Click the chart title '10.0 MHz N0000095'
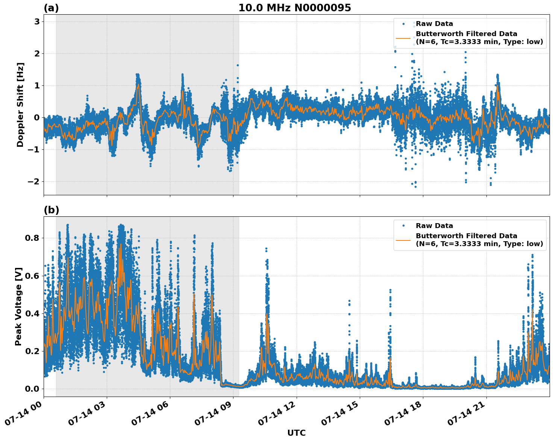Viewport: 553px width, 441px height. [294, 8]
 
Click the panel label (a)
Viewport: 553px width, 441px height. [51, 8]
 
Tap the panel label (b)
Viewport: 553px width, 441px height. [51, 210]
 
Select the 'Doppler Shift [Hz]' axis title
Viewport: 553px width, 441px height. [20, 105]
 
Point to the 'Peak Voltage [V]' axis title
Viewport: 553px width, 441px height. [18, 306]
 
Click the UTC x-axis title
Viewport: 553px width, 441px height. [296, 433]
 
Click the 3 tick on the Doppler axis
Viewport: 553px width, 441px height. [37, 22]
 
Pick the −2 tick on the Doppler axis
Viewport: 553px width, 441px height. [33, 182]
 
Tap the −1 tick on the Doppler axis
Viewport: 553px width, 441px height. [33, 150]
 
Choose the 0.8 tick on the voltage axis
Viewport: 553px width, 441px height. [32, 238]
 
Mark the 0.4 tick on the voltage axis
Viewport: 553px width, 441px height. [32, 313]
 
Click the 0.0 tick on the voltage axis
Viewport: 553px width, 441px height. [32, 389]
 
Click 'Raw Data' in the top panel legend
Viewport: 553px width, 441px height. [434, 24]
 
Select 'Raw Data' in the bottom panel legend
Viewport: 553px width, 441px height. [434, 226]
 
